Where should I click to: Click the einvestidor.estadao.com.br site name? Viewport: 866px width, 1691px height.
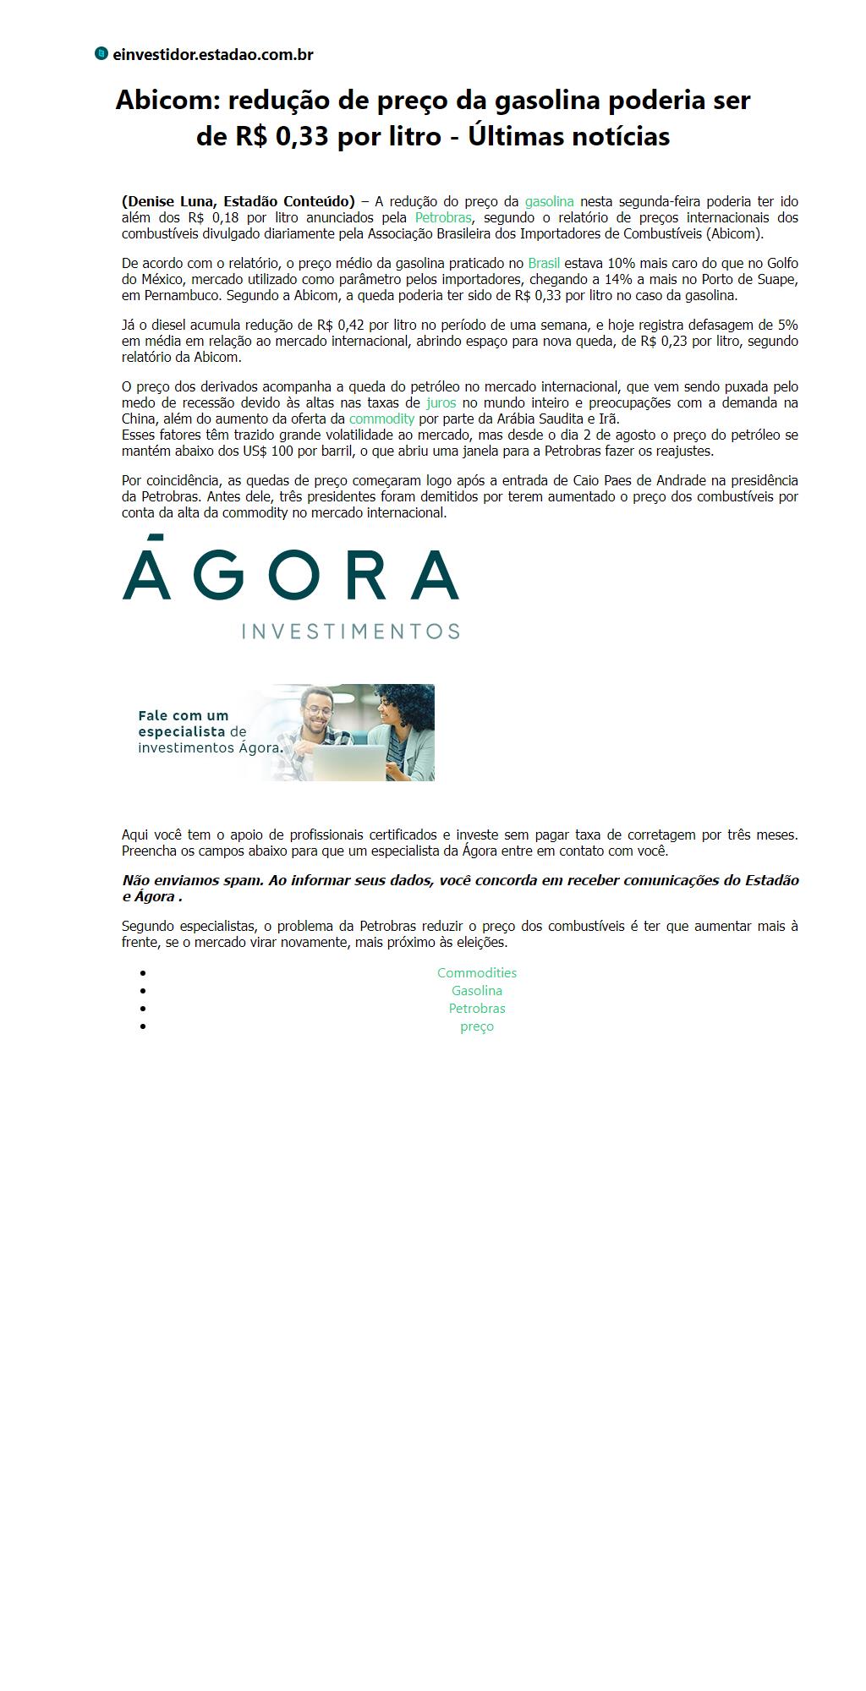coord(213,55)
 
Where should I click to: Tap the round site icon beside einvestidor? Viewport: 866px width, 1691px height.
coord(101,54)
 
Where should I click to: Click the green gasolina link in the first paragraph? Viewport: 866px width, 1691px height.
coord(549,201)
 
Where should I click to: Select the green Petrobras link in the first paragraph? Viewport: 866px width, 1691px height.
coord(443,217)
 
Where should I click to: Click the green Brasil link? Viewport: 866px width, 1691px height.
coord(544,263)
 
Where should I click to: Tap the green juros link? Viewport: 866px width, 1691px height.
coord(441,402)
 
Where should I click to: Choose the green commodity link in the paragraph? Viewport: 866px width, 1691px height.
coord(381,419)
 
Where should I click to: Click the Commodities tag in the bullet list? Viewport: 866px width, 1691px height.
coord(477,973)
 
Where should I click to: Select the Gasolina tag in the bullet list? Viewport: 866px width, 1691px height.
coord(477,991)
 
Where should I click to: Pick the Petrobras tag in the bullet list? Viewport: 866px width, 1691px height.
coord(477,1009)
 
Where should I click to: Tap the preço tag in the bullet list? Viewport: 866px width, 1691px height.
coord(477,1026)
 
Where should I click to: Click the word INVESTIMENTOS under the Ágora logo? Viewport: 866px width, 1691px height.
coord(351,631)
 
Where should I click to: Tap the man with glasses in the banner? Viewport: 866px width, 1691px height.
coord(317,719)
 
